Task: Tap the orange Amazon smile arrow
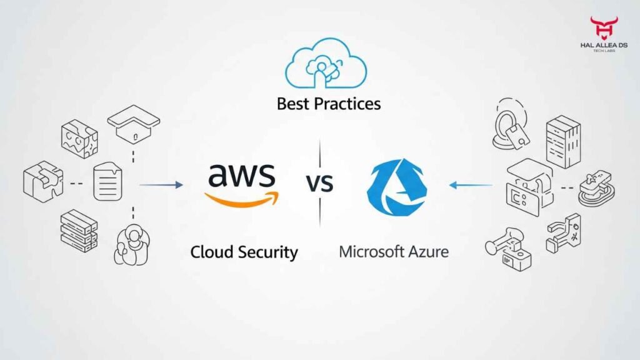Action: pos(242,199)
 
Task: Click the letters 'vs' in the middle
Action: pos(319,183)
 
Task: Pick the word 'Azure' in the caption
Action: pos(427,252)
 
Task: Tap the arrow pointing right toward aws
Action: pos(161,184)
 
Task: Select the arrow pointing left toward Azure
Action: pos(470,184)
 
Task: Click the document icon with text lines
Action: pos(107,182)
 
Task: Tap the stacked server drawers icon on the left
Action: pos(78,230)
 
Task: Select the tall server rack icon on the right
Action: pos(562,142)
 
